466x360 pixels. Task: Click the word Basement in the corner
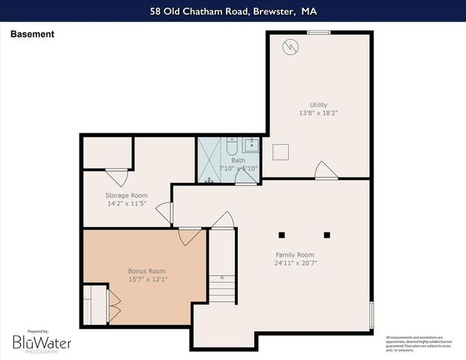[x=32, y=34]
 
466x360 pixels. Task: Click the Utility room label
[x=318, y=104]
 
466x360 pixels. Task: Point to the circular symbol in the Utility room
[x=289, y=47]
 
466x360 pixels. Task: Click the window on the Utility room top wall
[x=319, y=31]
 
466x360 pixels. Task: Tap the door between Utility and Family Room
[x=323, y=170]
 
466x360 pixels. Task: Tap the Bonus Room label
[x=146, y=271]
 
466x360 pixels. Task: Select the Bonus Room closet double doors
[x=114, y=303]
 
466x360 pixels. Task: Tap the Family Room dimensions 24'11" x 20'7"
[x=294, y=263]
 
